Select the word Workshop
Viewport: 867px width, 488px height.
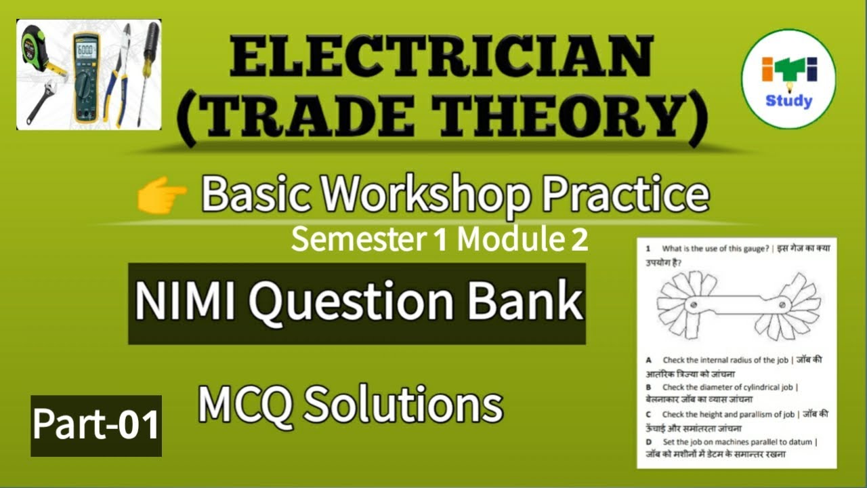[x=406, y=195]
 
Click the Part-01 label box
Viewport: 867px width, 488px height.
[x=96, y=425]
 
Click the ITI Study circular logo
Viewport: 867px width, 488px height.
[x=788, y=81]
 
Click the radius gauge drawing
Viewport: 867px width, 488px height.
[x=736, y=304]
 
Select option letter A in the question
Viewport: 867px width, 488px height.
[x=648, y=360]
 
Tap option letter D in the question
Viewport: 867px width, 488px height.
[x=648, y=442]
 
